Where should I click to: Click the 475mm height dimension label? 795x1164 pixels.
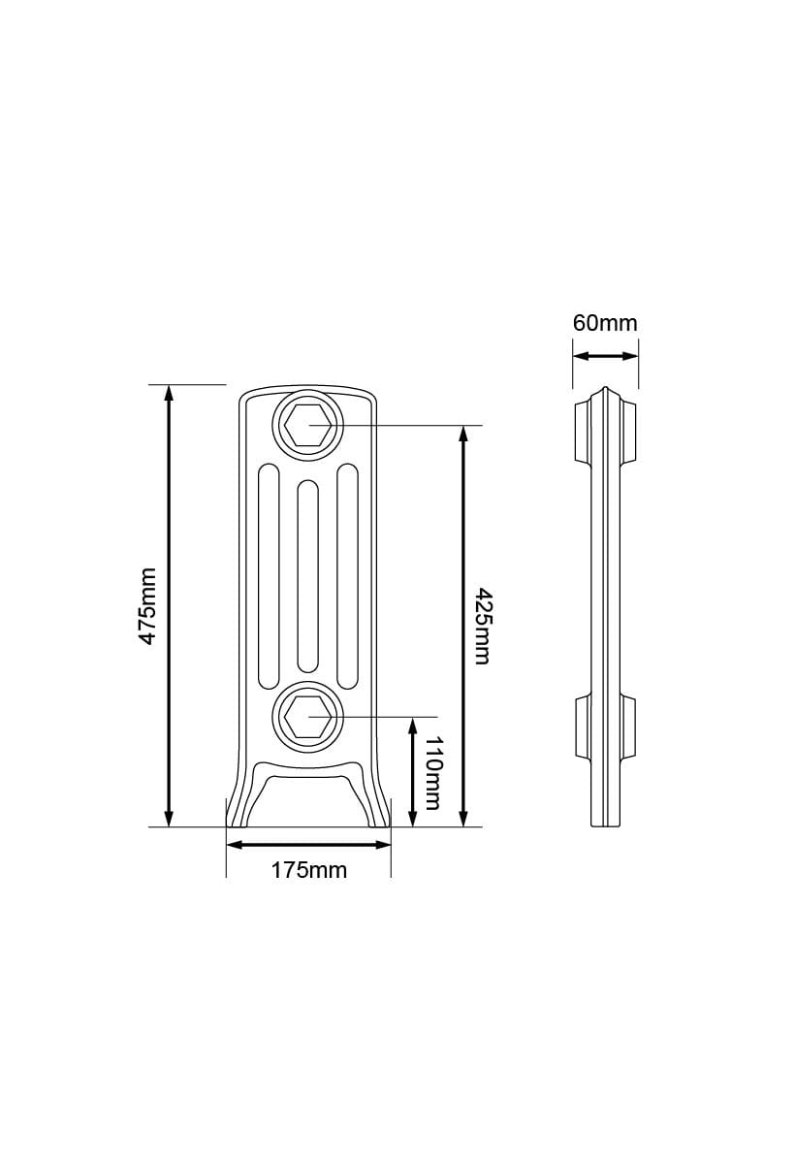[x=146, y=606]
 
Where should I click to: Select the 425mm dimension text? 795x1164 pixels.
[x=481, y=626]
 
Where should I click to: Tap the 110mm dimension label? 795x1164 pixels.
[x=432, y=772]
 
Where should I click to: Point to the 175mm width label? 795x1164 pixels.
[x=308, y=870]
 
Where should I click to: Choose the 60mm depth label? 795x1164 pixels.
[x=605, y=323]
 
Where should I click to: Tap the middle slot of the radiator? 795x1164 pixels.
[x=308, y=575]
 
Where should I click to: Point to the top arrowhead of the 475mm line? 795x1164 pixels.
[x=170, y=393]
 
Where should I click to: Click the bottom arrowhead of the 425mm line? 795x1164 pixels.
[x=463, y=819]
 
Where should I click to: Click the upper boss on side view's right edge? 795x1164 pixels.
[x=629, y=431]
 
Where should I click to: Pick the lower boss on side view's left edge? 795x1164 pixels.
[x=582, y=727]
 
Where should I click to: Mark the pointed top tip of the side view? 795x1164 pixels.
[x=605, y=390]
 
